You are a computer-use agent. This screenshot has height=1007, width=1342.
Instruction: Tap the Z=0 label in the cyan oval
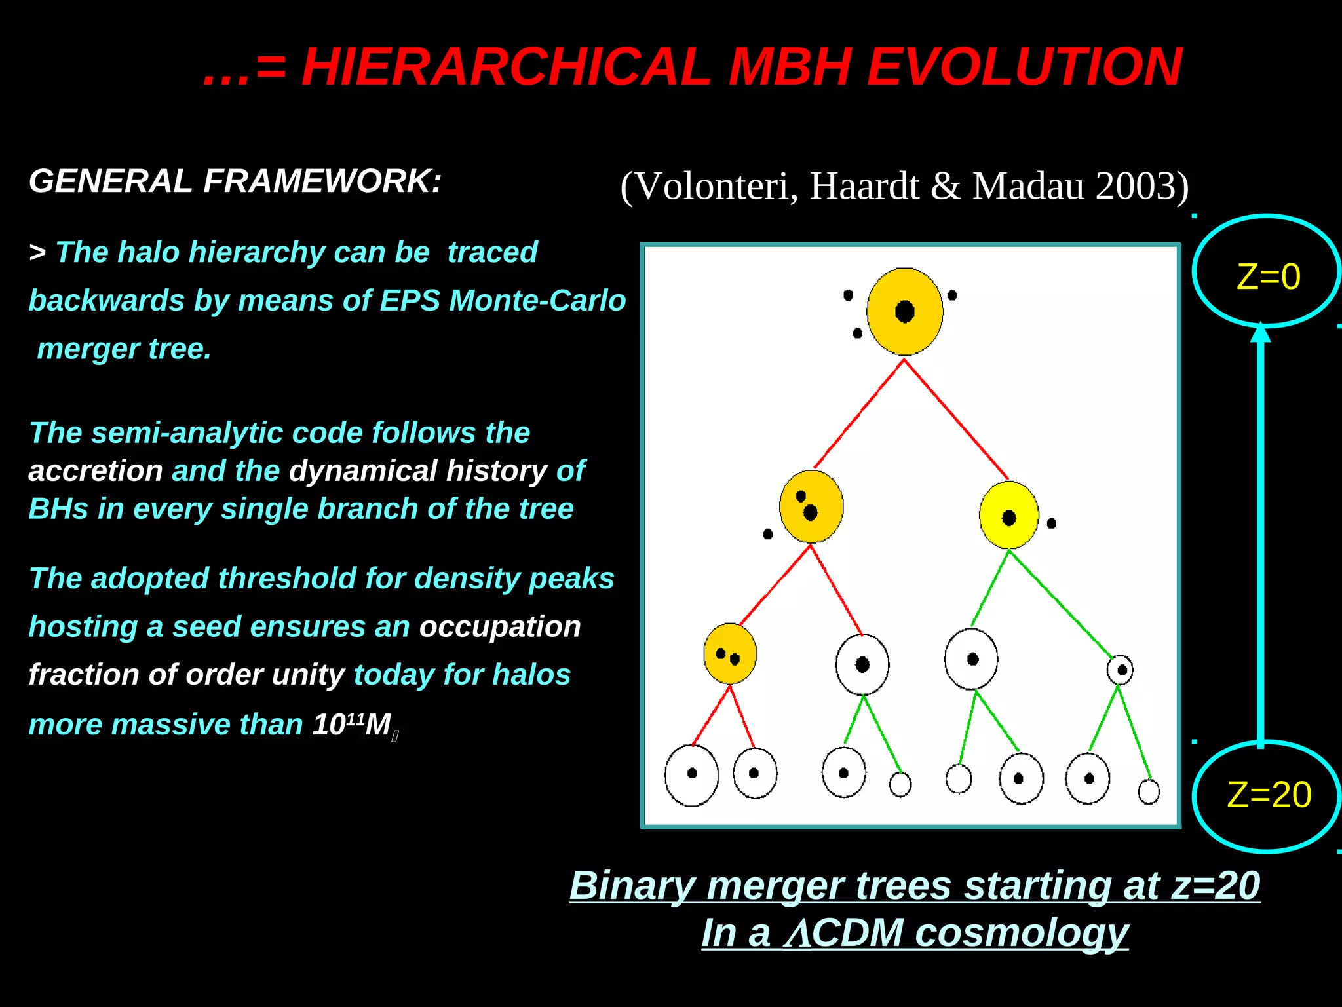point(1268,276)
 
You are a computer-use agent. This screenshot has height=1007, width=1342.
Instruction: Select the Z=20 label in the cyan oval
point(1269,795)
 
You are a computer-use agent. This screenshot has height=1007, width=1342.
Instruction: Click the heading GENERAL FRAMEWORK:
point(235,181)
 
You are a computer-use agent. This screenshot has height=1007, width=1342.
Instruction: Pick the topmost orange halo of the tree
point(904,312)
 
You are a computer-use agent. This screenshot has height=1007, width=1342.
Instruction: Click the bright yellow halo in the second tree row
point(1008,516)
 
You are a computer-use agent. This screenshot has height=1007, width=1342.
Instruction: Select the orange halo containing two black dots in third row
point(729,654)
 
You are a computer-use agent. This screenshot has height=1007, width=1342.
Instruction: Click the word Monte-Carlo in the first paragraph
point(538,301)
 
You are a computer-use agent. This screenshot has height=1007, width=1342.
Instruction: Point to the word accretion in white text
point(96,471)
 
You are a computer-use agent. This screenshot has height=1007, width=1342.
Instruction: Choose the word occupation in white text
point(500,627)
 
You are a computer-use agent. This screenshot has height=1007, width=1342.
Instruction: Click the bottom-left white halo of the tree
point(691,774)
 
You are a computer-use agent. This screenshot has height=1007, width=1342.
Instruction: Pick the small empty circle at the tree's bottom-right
point(1149,791)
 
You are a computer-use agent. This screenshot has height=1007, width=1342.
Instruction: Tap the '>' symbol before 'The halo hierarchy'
point(37,253)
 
